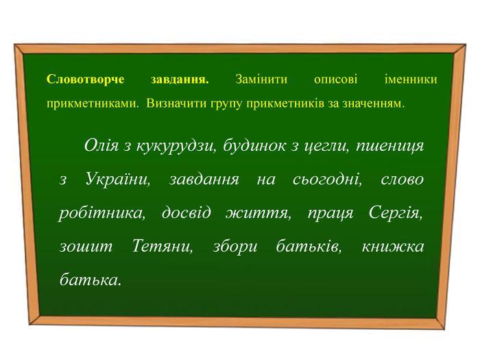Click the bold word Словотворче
point(86,80)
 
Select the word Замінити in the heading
point(261,80)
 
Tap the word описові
point(335,80)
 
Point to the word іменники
point(411,80)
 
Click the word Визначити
point(177,104)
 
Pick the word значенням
point(373,104)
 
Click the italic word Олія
point(101,145)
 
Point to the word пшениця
point(390,146)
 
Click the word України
point(117,180)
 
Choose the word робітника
point(102,213)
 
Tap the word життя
point(259,213)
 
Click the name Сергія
point(396,213)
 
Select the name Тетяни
point(163,246)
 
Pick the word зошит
point(86,247)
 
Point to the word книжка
point(393,246)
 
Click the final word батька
point(91,279)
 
